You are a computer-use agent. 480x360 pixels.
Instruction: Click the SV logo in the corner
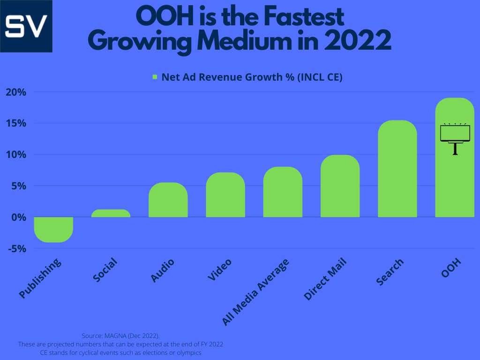(x=26, y=26)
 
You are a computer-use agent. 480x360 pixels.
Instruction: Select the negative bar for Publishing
(x=53, y=229)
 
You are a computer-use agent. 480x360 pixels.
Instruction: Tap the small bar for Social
(x=111, y=213)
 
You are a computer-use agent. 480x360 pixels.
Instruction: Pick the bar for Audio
(x=168, y=200)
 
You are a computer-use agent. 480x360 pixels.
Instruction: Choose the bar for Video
(x=225, y=195)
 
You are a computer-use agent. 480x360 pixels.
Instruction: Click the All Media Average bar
(x=283, y=192)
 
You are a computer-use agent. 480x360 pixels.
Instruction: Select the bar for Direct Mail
(x=340, y=186)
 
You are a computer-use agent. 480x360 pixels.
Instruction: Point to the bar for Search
(x=397, y=169)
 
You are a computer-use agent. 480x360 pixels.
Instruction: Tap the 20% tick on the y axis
(x=15, y=92)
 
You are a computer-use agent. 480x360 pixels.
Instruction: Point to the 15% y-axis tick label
(x=15, y=123)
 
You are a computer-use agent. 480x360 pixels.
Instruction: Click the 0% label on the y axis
(x=18, y=217)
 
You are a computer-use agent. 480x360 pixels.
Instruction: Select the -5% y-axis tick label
(x=16, y=248)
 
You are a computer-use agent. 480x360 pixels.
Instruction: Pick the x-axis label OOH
(x=452, y=269)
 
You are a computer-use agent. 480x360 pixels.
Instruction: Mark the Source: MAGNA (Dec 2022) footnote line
(x=120, y=336)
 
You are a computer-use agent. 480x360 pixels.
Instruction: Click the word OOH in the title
(x=160, y=18)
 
